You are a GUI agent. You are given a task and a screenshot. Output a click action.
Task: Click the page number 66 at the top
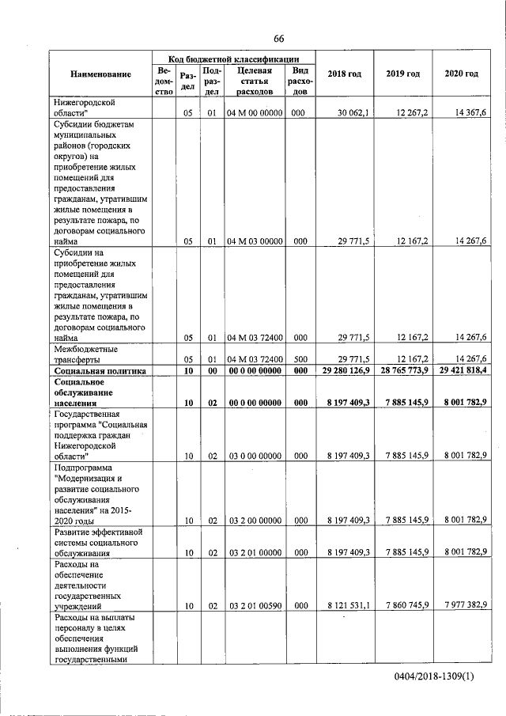pyautogui.click(x=279, y=40)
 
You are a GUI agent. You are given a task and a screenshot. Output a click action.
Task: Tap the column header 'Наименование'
pyautogui.click(x=100, y=74)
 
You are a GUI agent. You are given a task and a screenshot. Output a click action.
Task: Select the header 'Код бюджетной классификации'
pyautogui.click(x=234, y=59)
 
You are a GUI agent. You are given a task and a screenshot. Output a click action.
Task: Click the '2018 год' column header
pyautogui.click(x=344, y=74)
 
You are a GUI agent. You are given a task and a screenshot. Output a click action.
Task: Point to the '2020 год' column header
pyautogui.click(x=461, y=74)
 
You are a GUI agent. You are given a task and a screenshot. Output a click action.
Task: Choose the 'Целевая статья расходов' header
pyautogui.click(x=254, y=81)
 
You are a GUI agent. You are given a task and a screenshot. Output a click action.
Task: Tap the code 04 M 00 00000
pyautogui.click(x=255, y=113)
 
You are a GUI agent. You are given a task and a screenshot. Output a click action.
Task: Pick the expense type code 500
pyautogui.click(x=300, y=359)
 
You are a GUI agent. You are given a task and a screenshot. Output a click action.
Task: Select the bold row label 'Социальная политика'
pyautogui.click(x=96, y=371)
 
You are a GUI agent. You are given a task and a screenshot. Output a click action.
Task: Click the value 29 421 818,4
pyautogui.click(x=461, y=371)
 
